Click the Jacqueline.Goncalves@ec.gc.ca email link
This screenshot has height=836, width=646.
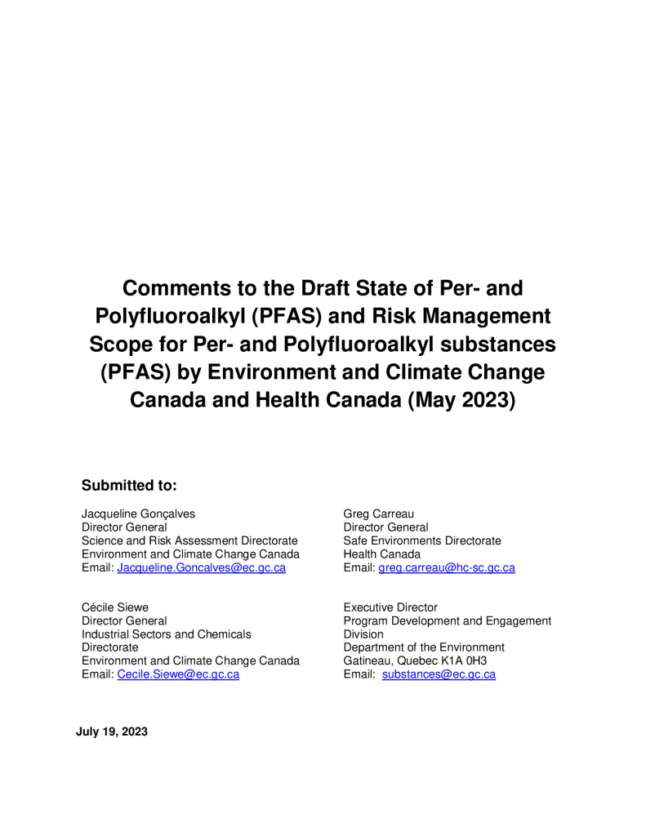point(202,568)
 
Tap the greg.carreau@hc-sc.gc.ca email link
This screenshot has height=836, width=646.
point(446,568)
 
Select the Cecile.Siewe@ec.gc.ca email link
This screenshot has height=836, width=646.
point(178,674)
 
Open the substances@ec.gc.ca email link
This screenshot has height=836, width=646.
point(439,674)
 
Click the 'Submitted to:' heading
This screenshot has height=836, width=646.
point(129,486)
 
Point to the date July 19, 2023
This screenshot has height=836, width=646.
point(112,732)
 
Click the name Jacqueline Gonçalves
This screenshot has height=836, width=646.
point(138,514)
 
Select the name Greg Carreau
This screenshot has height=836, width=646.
point(379,514)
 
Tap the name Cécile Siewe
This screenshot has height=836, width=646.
point(120,607)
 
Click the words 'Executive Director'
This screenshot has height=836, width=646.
point(390,607)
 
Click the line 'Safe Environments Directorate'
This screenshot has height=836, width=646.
point(422,540)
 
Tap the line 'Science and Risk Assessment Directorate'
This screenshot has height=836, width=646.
point(189,540)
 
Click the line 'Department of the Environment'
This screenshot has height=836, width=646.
point(424,647)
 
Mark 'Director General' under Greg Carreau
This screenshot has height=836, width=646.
point(385,527)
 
